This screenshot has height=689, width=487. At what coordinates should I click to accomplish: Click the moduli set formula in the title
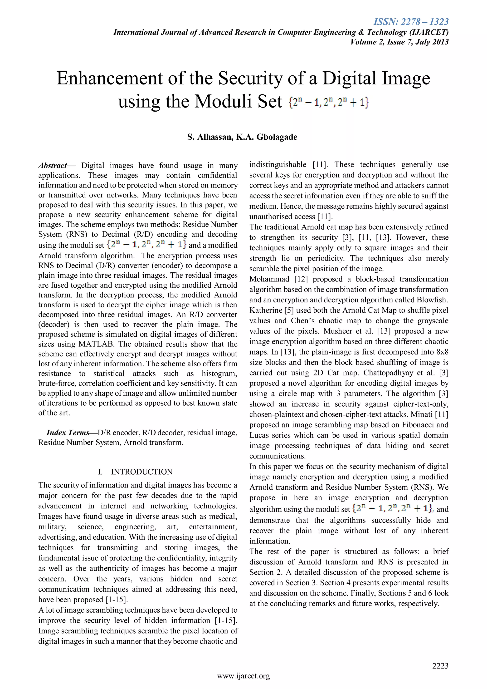(329, 102)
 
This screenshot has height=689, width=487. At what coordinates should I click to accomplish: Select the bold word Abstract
(53, 165)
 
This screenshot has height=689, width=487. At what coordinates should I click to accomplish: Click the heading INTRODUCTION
(142, 472)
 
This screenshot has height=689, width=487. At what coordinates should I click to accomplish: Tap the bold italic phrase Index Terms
(68, 433)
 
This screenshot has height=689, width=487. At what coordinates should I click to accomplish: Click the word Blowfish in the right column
(432, 300)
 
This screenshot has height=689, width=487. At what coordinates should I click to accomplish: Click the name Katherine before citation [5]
(266, 310)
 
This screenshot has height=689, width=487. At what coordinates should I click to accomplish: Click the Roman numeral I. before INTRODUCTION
(100, 472)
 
